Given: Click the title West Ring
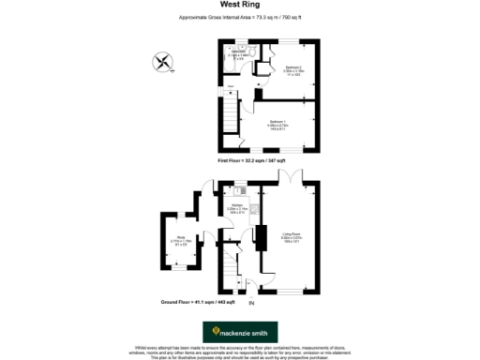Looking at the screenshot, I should [239, 6].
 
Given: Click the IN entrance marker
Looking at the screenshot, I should [250, 304].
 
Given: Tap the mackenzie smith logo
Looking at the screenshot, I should [239, 331].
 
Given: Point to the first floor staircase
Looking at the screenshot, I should [231, 117].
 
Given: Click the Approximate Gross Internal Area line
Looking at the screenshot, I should [239, 18].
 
